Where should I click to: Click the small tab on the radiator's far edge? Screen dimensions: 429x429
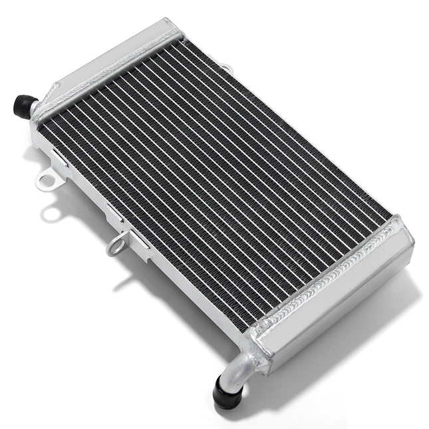click(227, 67)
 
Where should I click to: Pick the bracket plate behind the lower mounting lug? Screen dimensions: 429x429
click(133, 233)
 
